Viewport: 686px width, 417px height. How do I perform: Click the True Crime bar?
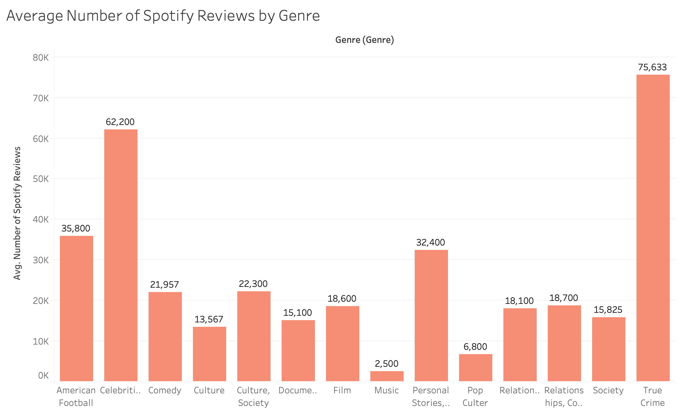pyautogui.click(x=653, y=228)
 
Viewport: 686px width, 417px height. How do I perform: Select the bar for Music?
pyautogui.click(x=387, y=376)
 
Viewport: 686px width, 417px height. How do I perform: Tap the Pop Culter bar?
pyautogui.click(x=475, y=367)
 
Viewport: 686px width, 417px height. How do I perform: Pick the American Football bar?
pyautogui.click(x=76, y=308)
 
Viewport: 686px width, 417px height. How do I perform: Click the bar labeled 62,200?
pyautogui.click(x=120, y=255)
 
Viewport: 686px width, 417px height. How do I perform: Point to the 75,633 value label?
pyautogui.click(x=652, y=67)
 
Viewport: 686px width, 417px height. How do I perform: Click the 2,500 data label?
pyautogui.click(x=387, y=364)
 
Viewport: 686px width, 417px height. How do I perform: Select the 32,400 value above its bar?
pyautogui.click(x=431, y=243)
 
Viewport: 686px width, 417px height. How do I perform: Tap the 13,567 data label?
pyautogui.click(x=209, y=319)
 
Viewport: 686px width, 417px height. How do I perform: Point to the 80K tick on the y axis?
pyautogui.click(x=41, y=58)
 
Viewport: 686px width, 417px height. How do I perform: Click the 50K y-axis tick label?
pyautogui.click(x=41, y=179)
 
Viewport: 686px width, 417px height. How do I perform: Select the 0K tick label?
pyautogui.click(x=43, y=376)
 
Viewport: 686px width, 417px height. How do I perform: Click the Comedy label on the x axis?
pyautogui.click(x=165, y=390)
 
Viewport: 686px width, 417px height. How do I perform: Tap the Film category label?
pyautogui.click(x=342, y=390)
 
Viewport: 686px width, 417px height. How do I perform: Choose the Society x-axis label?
pyautogui.click(x=608, y=390)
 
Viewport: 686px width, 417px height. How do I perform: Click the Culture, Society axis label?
pyautogui.click(x=254, y=397)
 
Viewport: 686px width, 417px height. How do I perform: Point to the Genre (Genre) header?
pyautogui.click(x=364, y=40)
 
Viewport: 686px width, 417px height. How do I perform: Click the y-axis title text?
pyautogui.click(x=17, y=213)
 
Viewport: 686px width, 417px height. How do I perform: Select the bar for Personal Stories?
pyautogui.click(x=431, y=316)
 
